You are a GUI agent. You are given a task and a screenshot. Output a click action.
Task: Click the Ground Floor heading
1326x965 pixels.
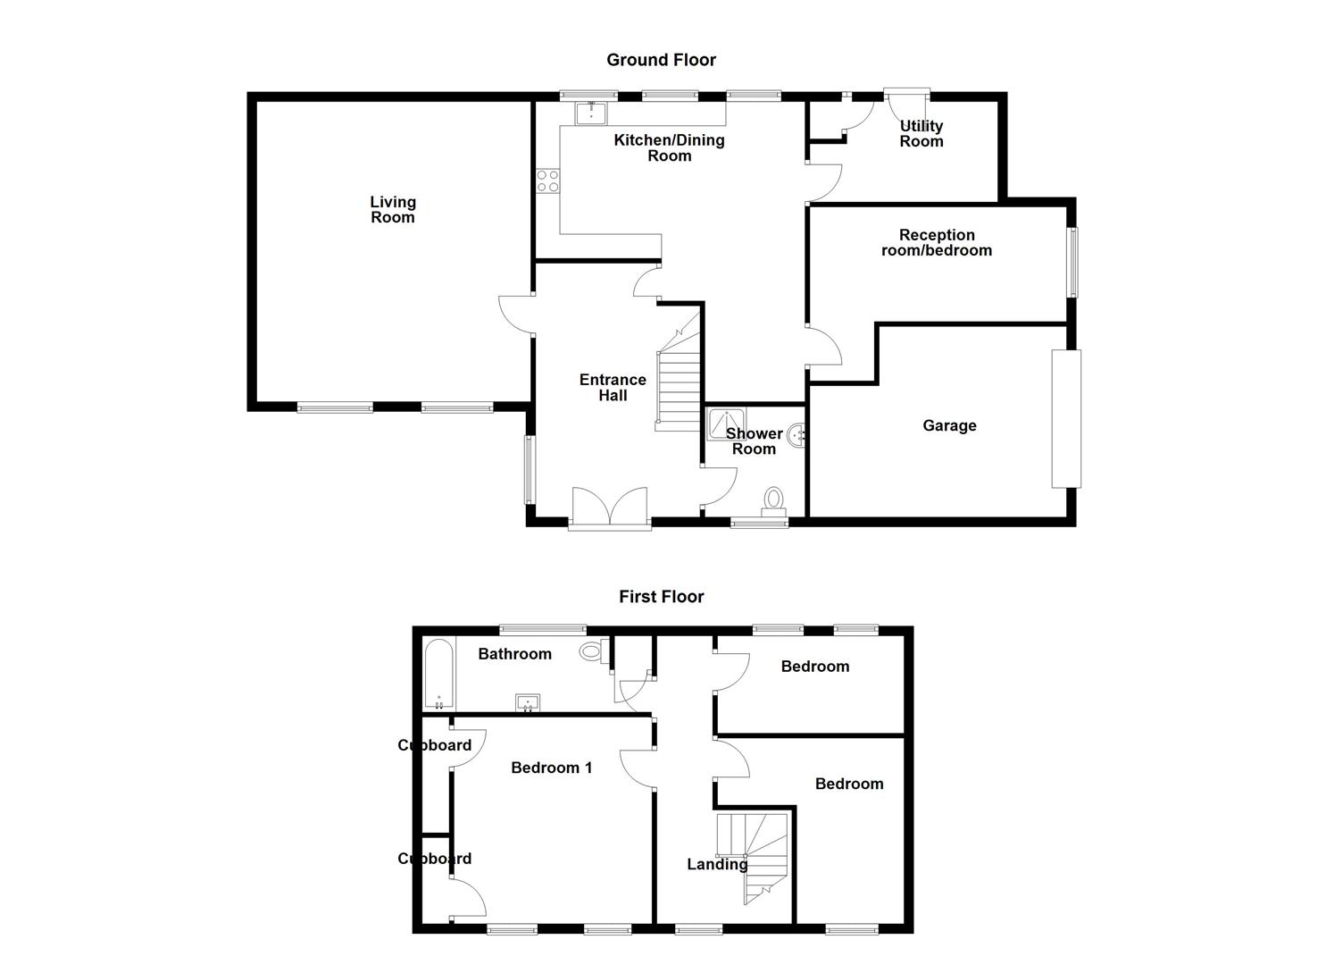(x=661, y=60)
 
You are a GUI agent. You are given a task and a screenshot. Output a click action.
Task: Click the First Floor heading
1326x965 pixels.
(x=661, y=597)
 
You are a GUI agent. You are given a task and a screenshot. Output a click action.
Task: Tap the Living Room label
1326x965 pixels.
(x=393, y=210)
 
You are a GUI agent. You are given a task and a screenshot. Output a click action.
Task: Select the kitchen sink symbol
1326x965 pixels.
(x=591, y=113)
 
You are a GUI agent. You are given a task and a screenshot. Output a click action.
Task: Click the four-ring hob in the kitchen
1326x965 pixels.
(x=547, y=181)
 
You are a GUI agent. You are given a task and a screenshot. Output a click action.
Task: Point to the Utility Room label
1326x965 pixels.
(x=921, y=134)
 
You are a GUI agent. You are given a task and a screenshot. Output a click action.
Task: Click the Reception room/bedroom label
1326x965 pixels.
(x=937, y=243)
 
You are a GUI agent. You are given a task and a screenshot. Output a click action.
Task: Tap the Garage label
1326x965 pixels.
(x=949, y=426)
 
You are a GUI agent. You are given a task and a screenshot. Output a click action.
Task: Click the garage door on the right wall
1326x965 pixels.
(x=1066, y=419)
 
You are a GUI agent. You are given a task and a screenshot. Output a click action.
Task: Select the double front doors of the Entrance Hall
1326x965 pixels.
(x=610, y=508)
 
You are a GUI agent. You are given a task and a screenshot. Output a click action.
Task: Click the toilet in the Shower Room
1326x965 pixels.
(x=773, y=501)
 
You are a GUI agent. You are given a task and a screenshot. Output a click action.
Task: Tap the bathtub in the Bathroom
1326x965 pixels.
(x=438, y=674)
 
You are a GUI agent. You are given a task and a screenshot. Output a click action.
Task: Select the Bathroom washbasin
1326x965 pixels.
(x=528, y=703)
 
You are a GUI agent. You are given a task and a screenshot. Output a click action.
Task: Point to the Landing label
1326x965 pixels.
(x=717, y=865)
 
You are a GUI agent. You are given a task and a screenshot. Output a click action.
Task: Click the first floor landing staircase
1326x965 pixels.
(x=755, y=853)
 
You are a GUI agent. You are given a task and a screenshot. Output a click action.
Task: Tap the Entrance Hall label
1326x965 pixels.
(x=613, y=388)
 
